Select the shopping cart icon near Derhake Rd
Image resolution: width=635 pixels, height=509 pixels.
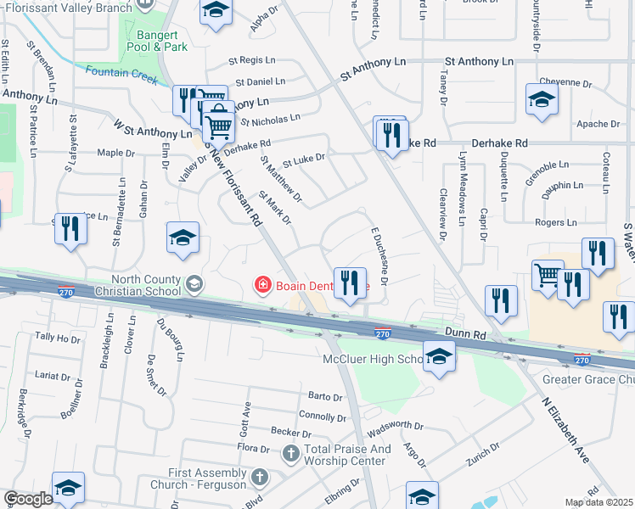pos(219,126)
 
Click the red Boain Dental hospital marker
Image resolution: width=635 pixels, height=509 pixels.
pos(264,285)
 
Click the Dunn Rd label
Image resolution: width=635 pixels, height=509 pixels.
pos(464,336)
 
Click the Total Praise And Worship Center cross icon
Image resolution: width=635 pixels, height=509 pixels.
pos(290,455)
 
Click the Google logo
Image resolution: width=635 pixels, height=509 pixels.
pos(28,499)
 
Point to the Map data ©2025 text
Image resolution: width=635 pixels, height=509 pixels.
pos(599,502)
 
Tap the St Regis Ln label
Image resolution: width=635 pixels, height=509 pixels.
pos(253,61)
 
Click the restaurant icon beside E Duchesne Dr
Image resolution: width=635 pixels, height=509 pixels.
pos(350,282)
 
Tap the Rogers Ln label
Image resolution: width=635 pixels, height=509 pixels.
pos(556,222)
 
